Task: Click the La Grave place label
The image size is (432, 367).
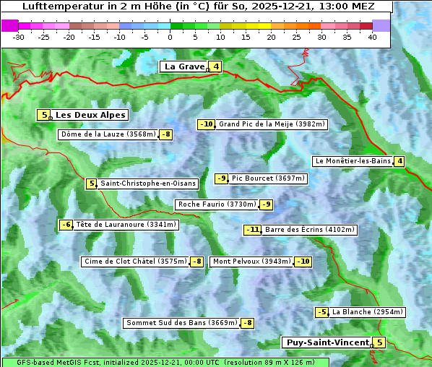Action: (184, 66)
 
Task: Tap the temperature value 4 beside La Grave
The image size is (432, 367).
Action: (215, 67)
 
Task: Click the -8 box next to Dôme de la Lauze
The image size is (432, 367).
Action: (166, 134)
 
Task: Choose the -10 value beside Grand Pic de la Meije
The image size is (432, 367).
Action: (207, 124)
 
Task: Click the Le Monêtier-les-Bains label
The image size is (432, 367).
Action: (352, 161)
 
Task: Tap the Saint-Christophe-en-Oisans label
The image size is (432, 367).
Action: (148, 183)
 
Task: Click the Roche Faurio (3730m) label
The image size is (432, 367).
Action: (217, 204)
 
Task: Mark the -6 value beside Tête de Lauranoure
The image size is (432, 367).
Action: (66, 225)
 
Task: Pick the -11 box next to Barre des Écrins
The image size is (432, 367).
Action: (252, 230)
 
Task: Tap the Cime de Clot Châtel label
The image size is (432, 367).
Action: (134, 262)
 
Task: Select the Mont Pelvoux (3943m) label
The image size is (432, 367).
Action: (251, 262)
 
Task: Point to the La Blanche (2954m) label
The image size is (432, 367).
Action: (367, 312)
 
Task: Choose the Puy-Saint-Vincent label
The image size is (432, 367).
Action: (326, 342)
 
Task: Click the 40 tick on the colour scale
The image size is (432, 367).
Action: (372, 37)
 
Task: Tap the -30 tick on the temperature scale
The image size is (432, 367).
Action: (19, 37)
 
